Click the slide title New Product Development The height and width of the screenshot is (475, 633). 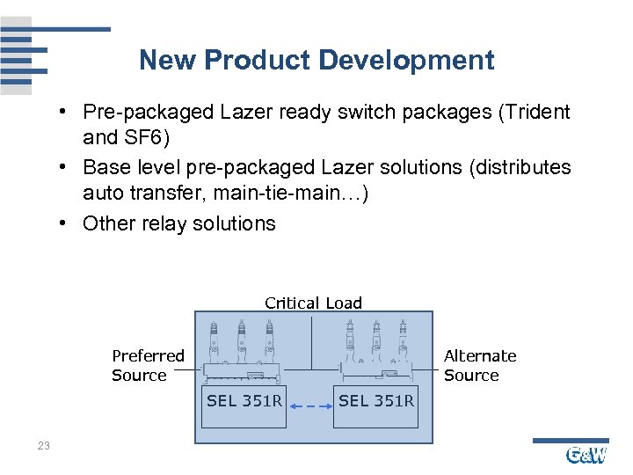[316, 61]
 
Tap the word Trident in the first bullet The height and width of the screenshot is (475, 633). [532, 113]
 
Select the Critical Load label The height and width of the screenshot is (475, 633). [313, 303]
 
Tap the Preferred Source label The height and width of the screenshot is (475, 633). [147, 366]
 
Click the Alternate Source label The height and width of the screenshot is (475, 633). [479, 366]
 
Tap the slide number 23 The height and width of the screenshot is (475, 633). [44, 447]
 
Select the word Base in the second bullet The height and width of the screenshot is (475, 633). [104, 167]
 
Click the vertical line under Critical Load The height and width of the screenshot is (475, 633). [311, 343]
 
